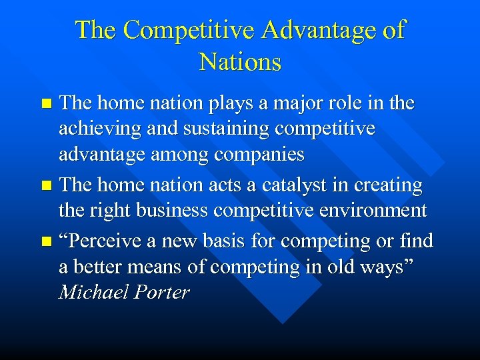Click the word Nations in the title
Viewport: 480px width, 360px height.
pos(240,62)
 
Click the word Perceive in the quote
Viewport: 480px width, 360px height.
pos(103,239)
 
